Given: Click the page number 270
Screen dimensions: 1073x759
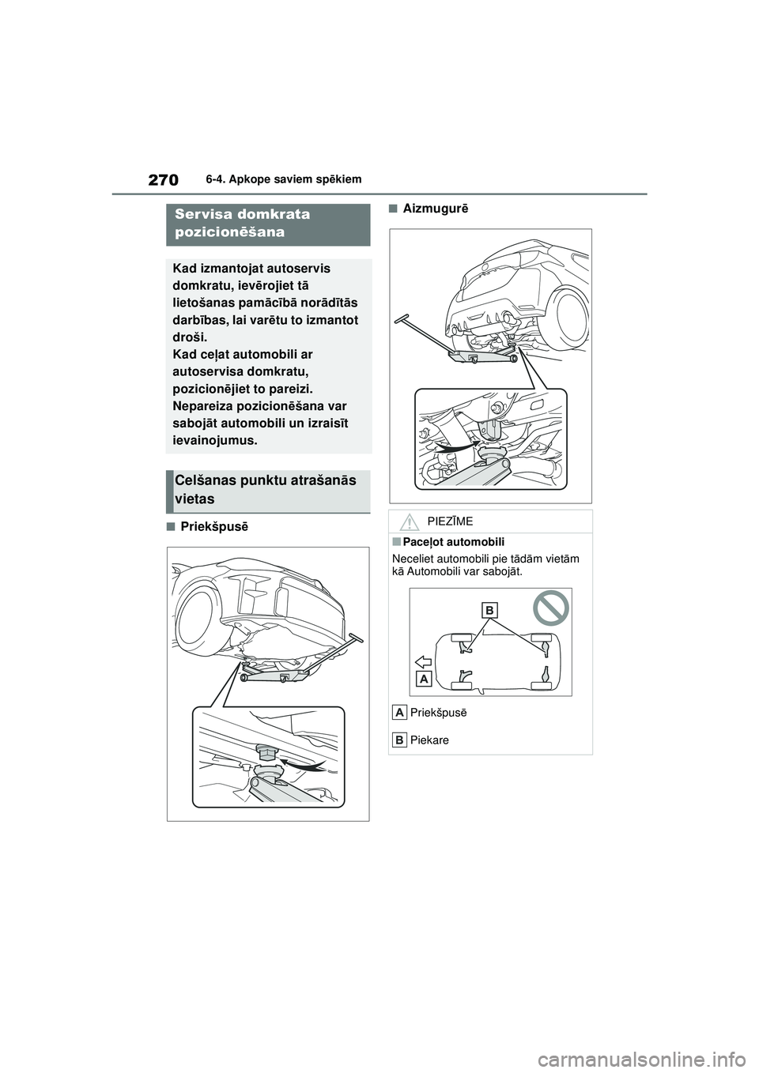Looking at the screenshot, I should pos(163,179).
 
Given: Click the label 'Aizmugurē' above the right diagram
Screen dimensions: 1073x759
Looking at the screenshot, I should pos(435,209).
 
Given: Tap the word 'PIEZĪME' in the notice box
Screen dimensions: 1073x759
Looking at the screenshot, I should pos(450,521).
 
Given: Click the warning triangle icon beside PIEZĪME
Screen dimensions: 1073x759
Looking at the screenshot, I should pos(409,521).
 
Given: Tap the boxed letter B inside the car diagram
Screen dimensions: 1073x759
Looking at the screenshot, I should pos(489,610).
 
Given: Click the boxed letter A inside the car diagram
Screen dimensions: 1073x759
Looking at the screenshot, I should pos(425,680).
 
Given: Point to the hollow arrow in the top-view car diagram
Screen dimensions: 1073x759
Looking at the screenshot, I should pos(421,661).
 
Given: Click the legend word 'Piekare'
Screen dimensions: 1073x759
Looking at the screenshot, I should pos(429,740).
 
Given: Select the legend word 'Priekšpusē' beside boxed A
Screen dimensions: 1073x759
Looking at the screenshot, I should pos(438,713).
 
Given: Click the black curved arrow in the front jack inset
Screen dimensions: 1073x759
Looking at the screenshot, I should pos(304,765).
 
